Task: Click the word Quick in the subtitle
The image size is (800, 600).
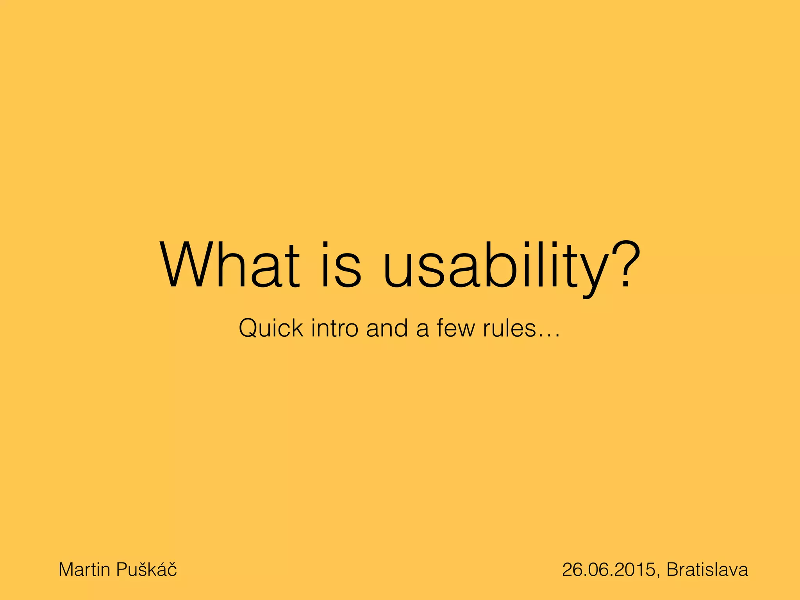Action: click(271, 328)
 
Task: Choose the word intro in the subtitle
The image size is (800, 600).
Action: click(334, 328)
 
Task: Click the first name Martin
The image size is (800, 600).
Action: click(84, 570)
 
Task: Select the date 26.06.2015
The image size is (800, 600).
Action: click(609, 570)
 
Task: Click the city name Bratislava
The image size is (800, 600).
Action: click(707, 570)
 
